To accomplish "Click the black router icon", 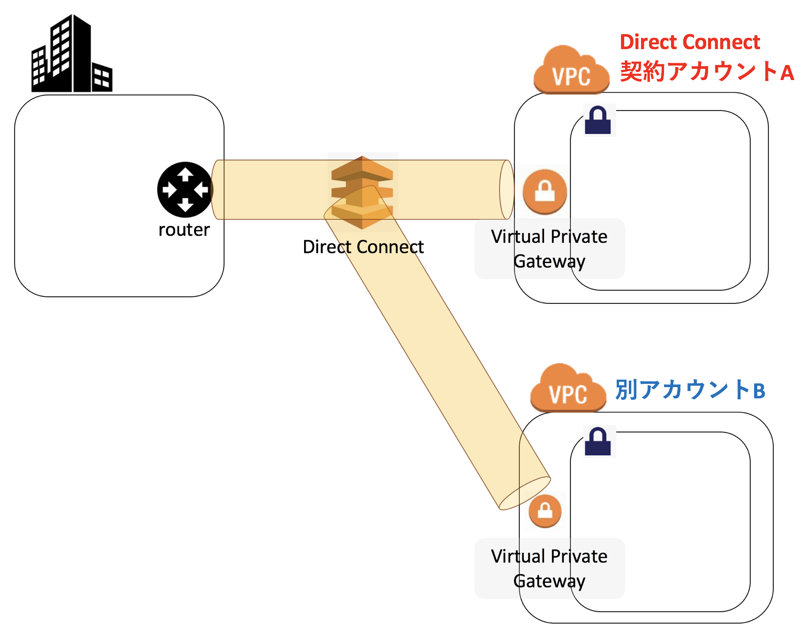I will (x=185, y=190).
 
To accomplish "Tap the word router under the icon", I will (x=184, y=230).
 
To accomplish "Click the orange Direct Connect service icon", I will (x=362, y=192).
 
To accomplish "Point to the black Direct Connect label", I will (x=363, y=247).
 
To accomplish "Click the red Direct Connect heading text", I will (x=689, y=42).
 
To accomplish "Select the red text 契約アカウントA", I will (x=707, y=72).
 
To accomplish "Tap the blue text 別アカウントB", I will (x=690, y=390).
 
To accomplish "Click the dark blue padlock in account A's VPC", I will (x=598, y=120).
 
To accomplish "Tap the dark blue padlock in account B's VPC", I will (x=598, y=441).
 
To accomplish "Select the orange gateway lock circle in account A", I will (x=545, y=191).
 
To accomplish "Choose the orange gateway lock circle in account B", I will (x=545, y=511).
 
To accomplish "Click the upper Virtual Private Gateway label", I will (x=549, y=249).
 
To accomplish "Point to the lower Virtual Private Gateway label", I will (x=549, y=568).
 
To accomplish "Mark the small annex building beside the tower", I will (x=102, y=77).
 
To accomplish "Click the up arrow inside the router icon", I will (x=185, y=174).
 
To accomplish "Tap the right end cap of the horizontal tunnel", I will (x=507, y=190).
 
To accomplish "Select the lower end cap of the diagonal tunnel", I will (x=525, y=493).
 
